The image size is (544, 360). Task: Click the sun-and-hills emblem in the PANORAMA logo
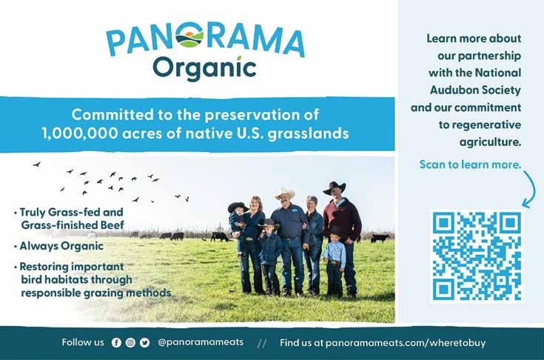click(x=189, y=36)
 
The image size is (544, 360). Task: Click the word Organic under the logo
click(x=204, y=69)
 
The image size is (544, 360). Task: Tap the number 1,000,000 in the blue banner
click(x=80, y=133)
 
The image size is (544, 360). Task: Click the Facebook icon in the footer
click(x=116, y=343)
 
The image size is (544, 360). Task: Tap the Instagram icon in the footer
click(x=130, y=343)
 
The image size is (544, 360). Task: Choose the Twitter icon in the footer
click(x=144, y=343)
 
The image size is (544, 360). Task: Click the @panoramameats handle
click(x=201, y=342)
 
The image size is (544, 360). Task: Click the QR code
click(x=477, y=256)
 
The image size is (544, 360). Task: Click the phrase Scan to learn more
click(x=470, y=164)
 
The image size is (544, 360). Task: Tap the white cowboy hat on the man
click(x=285, y=194)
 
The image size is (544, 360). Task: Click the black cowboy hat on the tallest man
click(x=334, y=188)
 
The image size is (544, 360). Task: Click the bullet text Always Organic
click(x=61, y=246)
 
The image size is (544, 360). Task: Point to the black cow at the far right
click(x=380, y=239)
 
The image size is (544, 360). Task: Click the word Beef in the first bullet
click(x=113, y=225)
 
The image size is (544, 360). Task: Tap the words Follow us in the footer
click(x=83, y=342)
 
